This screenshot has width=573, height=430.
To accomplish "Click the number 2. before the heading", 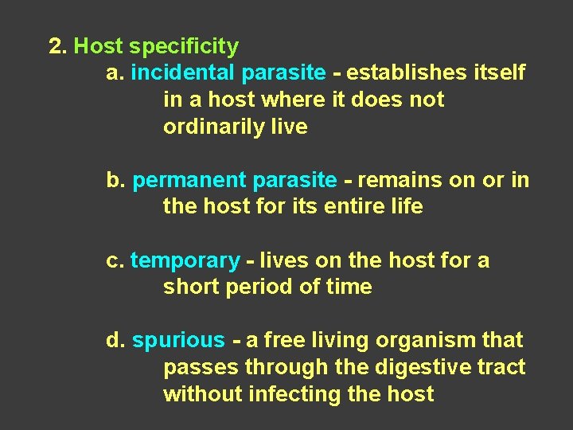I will pos(57,46).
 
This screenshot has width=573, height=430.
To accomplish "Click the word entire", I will pos(343,207).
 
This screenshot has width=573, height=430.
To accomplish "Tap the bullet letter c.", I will pos(115,260).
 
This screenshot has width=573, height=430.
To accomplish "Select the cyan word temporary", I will pos(185,261).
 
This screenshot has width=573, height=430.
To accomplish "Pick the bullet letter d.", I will pos(116,340).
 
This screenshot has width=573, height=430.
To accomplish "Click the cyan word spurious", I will pos(178,341).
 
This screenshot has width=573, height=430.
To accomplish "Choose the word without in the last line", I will pos(202,393).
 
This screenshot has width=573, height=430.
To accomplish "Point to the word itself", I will pos(497,73).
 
